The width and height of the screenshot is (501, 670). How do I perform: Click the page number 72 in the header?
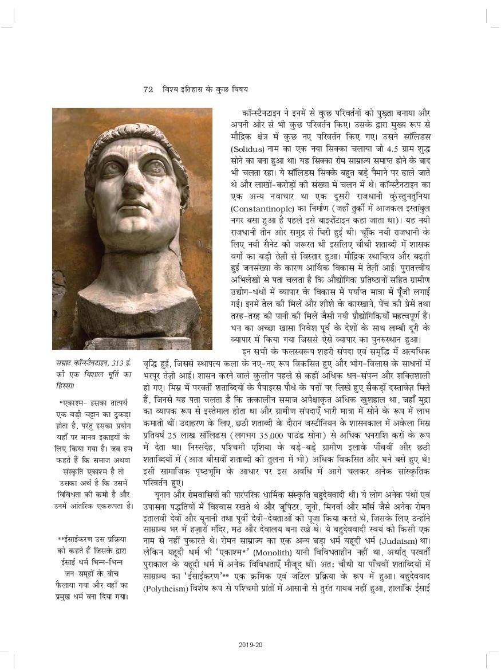click(x=148, y=89)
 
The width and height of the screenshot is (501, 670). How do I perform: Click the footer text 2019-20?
click(x=250, y=645)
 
